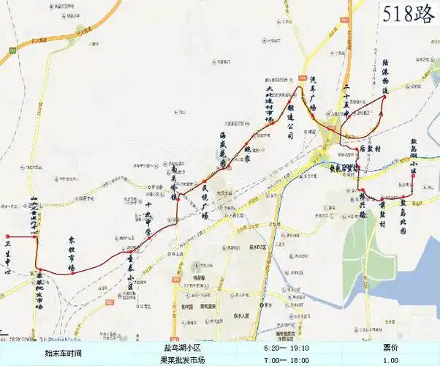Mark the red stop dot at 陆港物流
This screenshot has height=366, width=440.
click(384, 97)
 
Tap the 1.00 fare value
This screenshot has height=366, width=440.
click(391, 360)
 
